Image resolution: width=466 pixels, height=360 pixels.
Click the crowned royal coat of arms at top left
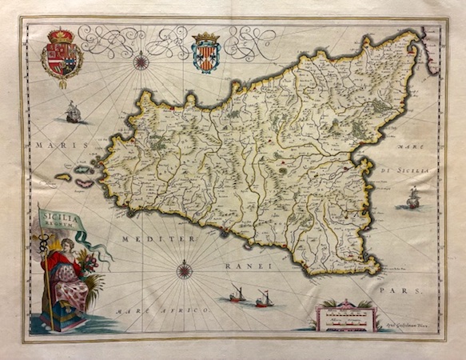pos(62,55)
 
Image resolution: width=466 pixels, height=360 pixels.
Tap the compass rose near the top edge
pos(141,60)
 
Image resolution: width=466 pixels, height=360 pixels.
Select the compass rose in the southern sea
pos(185,270)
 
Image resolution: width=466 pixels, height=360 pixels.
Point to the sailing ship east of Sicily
pos(412,198)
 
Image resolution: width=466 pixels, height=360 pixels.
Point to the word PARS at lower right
pos(395,291)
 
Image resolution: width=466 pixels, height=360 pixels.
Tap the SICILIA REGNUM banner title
pos(58,218)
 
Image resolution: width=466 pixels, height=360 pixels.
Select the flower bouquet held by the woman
pos(86,264)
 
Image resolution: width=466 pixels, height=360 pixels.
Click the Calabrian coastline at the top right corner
pos(429,56)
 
